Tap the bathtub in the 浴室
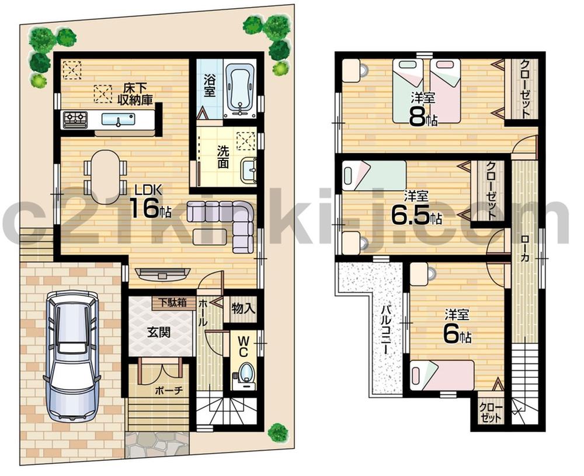(239, 88)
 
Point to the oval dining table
(106, 175)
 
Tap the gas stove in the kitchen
(75, 119)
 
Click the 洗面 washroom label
(223, 157)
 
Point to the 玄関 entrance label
(158, 333)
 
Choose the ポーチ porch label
(169, 391)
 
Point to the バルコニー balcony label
(386, 330)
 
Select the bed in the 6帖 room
(442, 374)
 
